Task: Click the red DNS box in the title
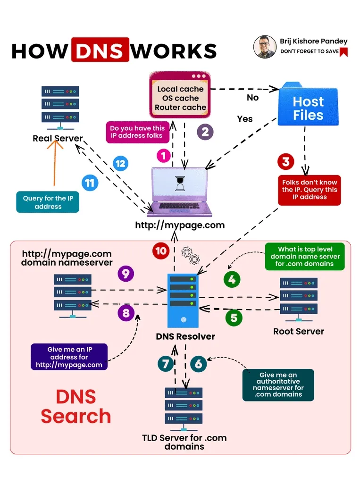100,50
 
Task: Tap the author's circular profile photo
265,46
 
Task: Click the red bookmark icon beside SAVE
343,52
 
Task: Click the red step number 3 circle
285,162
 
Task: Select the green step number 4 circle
231,279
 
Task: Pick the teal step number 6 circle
199,364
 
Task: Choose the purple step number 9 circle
126,274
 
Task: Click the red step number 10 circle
161,250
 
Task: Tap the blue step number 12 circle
121,164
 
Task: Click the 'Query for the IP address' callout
48,202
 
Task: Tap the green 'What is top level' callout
304,257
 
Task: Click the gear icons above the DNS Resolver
191,255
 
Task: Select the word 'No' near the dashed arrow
253,98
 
